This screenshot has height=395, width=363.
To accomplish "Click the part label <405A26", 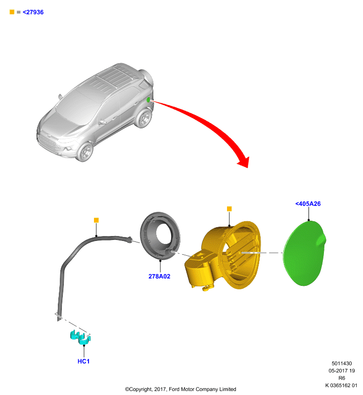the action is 308,204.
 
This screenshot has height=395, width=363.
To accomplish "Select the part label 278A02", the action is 159,276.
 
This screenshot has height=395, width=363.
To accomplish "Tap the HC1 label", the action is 84,361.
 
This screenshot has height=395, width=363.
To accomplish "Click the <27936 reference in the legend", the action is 33,12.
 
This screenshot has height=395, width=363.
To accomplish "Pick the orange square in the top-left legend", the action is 12,12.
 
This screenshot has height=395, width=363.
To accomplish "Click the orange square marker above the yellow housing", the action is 229,209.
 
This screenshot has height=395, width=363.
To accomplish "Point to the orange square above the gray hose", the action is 96,220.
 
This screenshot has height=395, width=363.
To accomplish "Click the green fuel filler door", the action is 304,253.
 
